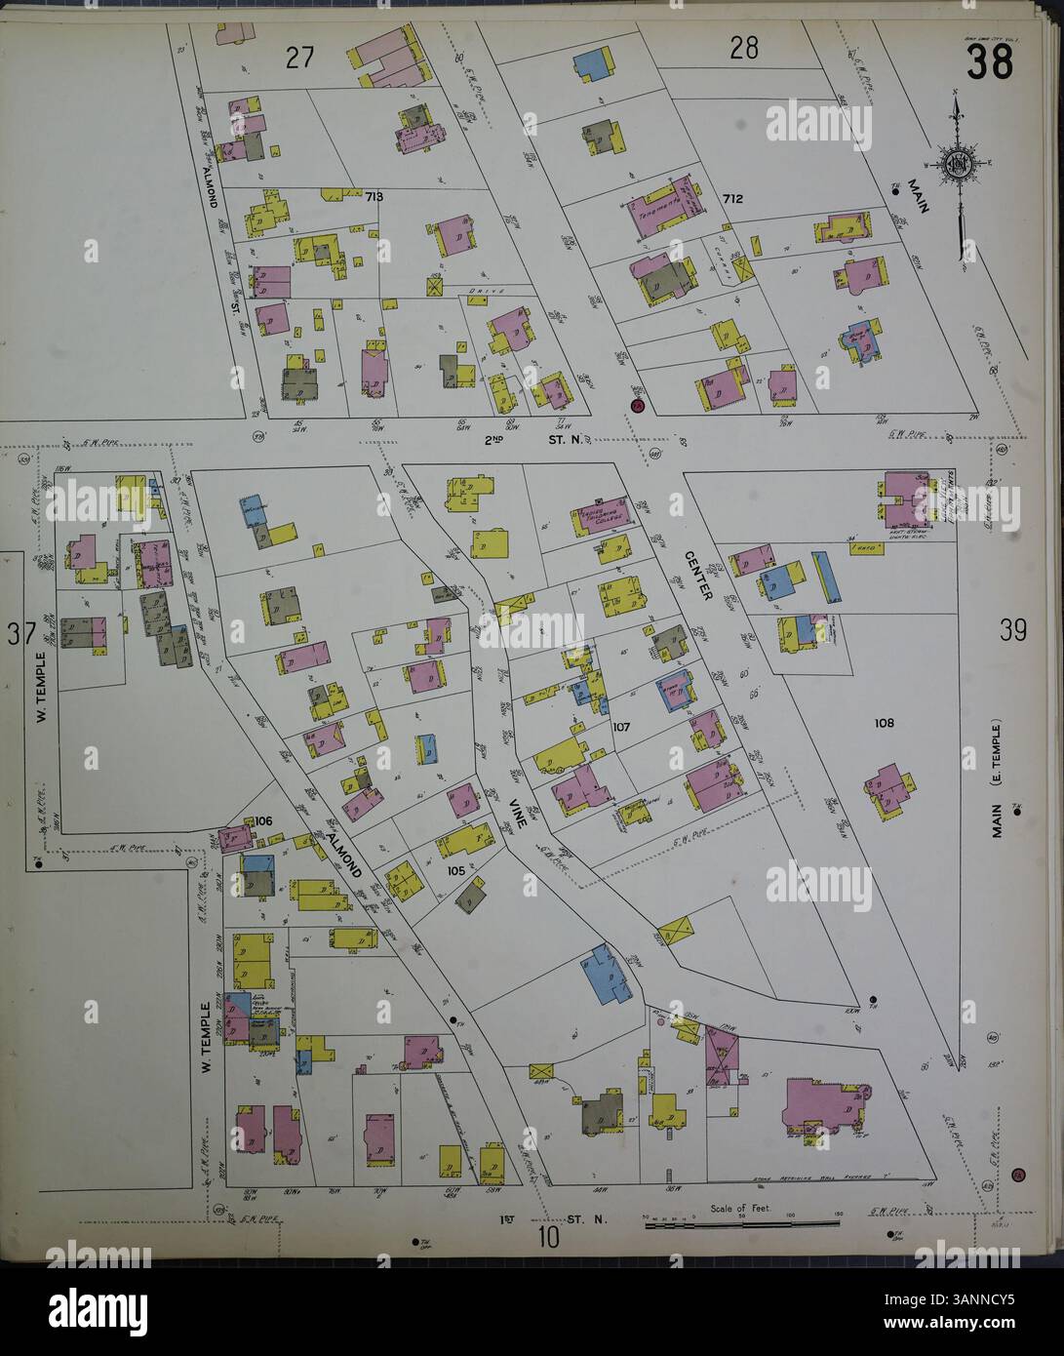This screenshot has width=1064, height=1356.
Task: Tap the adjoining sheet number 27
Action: (x=298, y=58)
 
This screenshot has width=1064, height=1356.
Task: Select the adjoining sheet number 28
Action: (x=743, y=47)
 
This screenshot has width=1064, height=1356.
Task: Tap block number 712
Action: (x=733, y=199)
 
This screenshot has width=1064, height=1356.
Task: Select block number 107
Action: (x=622, y=727)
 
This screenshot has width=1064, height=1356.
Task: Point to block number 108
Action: (x=884, y=723)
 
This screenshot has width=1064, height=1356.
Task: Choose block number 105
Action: (x=455, y=870)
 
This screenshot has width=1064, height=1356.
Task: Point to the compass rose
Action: (x=959, y=163)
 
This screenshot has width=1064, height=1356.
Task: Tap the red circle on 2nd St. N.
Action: (x=636, y=407)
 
